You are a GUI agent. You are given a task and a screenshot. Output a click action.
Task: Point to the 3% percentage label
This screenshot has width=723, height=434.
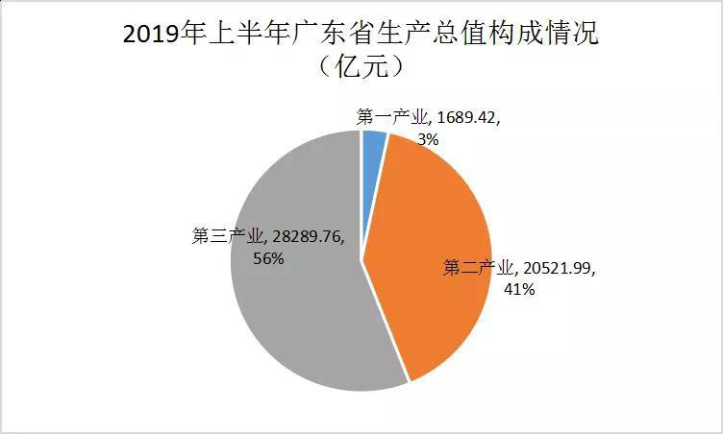click(x=428, y=139)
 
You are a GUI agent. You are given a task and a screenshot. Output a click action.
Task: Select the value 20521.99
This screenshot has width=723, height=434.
click(x=561, y=267)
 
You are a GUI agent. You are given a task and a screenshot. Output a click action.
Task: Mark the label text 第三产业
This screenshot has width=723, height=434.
click(x=229, y=236)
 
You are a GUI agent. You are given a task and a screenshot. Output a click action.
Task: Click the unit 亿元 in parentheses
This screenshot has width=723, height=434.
click(x=361, y=69)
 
